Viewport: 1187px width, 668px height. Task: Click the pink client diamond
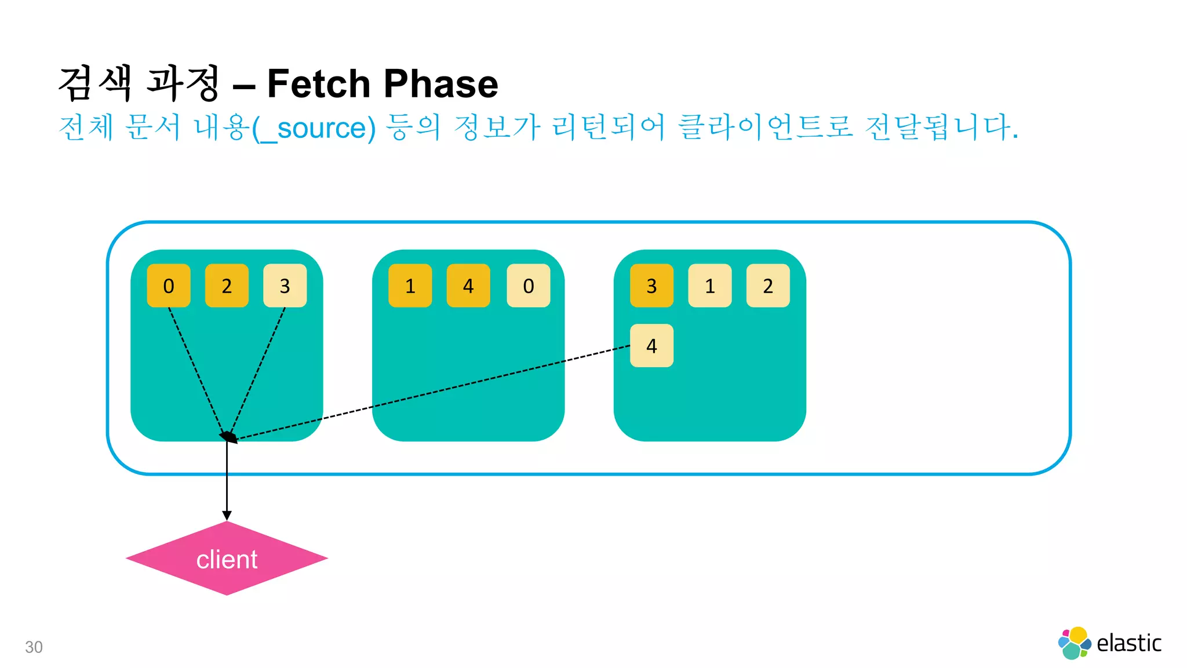[227, 559]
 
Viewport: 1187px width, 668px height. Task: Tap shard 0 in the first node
[169, 286]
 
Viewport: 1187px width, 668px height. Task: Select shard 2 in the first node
[227, 286]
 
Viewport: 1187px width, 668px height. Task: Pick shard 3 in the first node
[285, 286]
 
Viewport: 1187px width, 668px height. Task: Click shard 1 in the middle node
[410, 286]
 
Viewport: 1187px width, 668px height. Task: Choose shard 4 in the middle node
[468, 286]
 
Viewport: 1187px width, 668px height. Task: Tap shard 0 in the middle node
[528, 286]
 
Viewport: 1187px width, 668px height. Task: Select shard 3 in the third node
[651, 286]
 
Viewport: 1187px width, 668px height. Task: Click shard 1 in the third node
[709, 286]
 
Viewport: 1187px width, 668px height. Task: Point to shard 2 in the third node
[768, 286]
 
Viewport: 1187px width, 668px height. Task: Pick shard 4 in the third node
[651, 346]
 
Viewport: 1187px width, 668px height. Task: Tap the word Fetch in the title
[318, 83]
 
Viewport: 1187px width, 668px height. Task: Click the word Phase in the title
[440, 83]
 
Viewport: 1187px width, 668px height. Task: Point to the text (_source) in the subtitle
[314, 128]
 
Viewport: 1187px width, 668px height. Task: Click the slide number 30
[34, 647]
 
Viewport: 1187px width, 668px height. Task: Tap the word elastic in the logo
[1128, 643]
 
